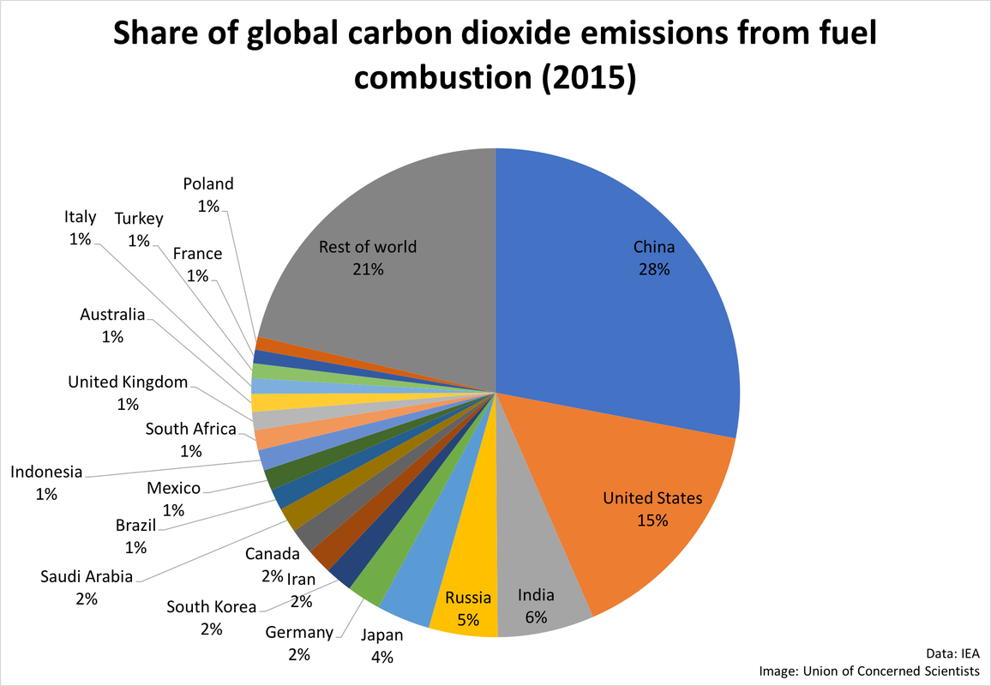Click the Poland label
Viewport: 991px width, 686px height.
click(x=208, y=184)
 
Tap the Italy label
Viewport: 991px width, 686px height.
click(x=80, y=217)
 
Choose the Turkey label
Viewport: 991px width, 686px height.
click(x=139, y=219)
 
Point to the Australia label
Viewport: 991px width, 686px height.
click(x=112, y=315)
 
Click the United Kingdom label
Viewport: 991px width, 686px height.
click(x=128, y=382)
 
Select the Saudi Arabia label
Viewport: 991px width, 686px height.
click(x=87, y=576)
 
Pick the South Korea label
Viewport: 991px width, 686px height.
click(x=211, y=607)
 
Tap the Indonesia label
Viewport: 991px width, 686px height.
click(x=46, y=472)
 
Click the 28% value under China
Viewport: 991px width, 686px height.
click(x=653, y=269)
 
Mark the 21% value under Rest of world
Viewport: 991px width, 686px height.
click(x=368, y=269)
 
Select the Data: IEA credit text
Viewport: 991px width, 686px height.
click(x=952, y=651)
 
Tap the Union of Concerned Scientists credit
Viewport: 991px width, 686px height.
click(x=900, y=671)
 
